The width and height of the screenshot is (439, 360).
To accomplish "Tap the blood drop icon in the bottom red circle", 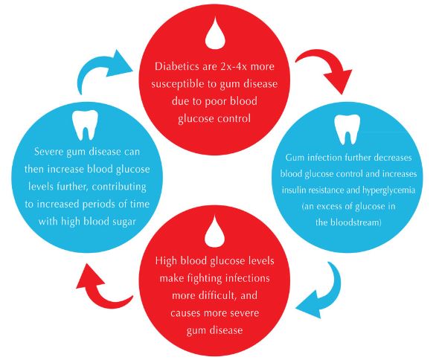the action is tap(215, 231).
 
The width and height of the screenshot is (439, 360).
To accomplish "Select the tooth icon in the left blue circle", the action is tap(85, 125).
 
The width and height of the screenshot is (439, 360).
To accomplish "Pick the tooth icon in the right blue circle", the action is tap(347, 129).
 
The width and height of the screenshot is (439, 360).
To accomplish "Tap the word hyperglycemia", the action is tap(388, 190).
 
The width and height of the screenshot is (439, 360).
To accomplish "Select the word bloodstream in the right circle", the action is tap(348, 222).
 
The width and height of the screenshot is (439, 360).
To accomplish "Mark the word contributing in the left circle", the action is tap(119, 187).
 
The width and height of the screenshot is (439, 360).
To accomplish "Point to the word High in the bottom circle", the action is tap(166, 261).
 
